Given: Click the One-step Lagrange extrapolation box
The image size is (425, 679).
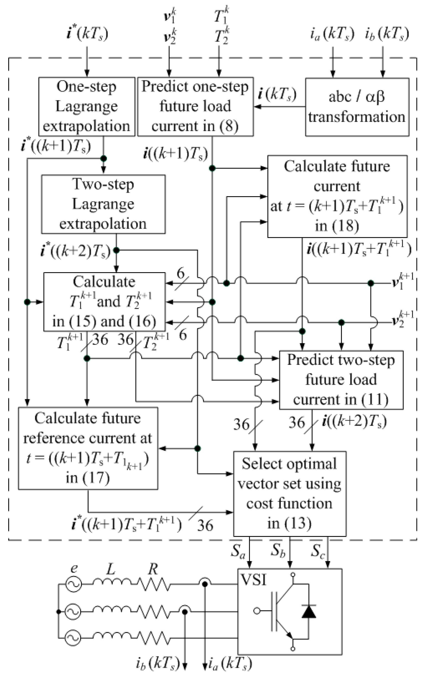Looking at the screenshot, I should pyautogui.click(x=87, y=107).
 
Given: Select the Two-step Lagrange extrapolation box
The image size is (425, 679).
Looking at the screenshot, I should pyautogui.click(x=103, y=204).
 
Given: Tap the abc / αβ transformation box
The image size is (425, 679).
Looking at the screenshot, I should pyautogui.click(x=357, y=107).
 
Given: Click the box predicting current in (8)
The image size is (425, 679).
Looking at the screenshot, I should pyautogui.click(x=195, y=107).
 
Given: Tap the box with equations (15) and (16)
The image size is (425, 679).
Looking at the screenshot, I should pyautogui.click(x=104, y=302).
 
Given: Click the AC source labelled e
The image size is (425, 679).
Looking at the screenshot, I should pyautogui.click(x=74, y=584).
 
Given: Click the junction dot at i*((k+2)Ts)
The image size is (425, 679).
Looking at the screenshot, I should pyautogui.click(x=116, y=250).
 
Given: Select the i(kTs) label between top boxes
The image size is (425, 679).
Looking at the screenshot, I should pyautogui.click(x=277, y=94).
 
